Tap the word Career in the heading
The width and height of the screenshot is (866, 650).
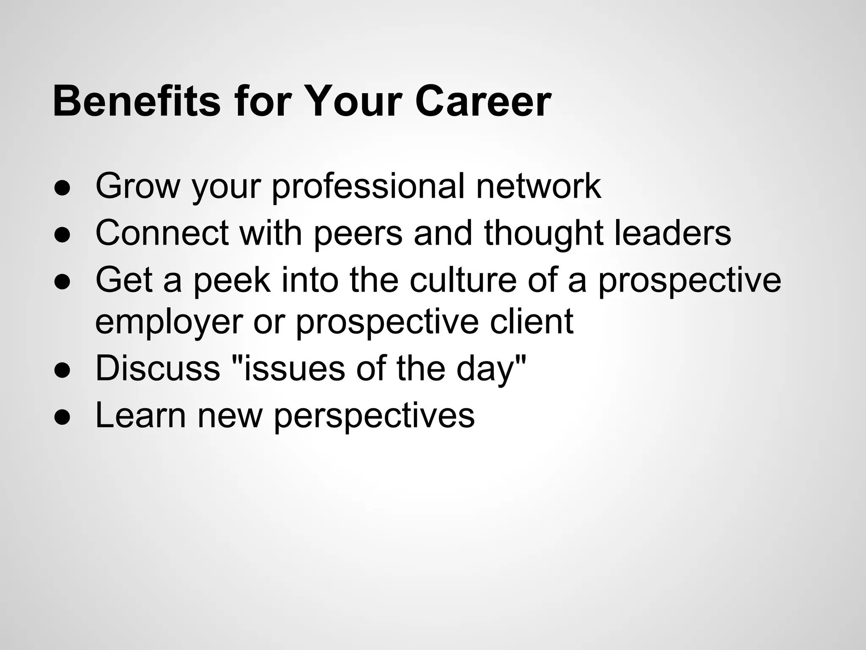(483, 102)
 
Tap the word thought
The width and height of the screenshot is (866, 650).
(544, 234)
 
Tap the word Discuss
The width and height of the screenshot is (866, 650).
(158, 368)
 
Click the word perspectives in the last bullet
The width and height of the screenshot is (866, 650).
(374, 416)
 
